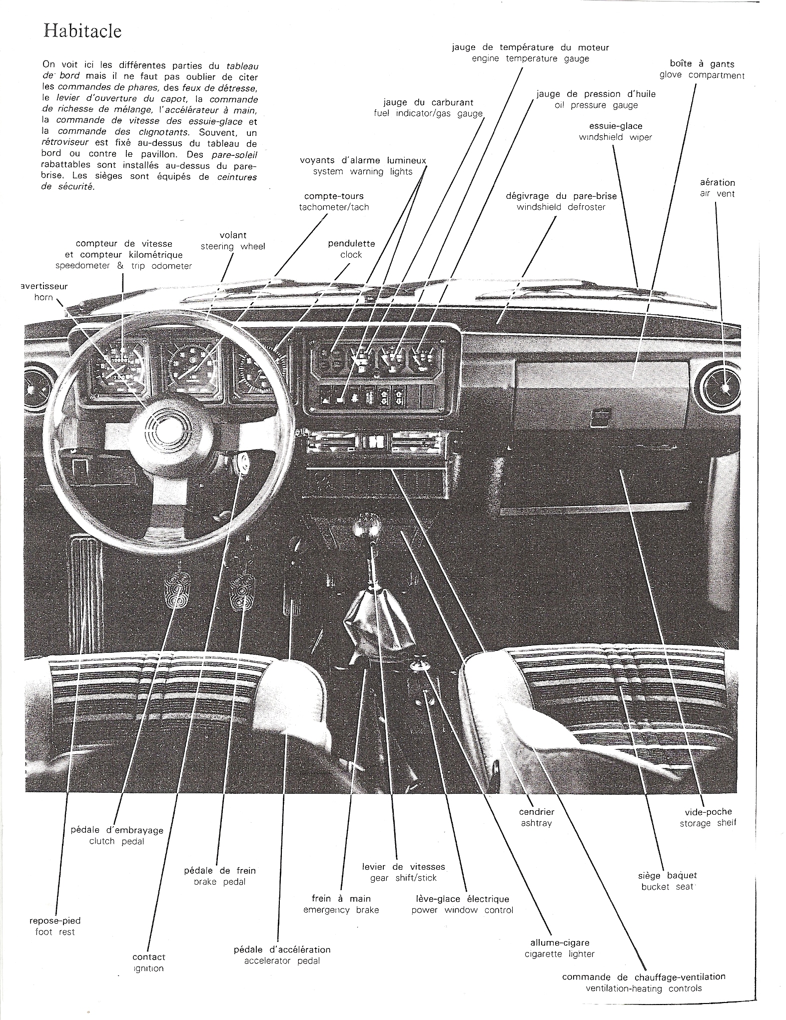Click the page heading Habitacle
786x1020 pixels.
(82, 31)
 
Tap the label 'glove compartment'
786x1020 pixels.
(702, 75)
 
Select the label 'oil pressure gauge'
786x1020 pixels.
(596, 105)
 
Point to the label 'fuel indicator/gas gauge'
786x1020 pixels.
(428, 113)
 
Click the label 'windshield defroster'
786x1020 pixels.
(561, 207)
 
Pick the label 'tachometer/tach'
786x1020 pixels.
(334, 207)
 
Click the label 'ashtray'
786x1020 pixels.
(536, 823)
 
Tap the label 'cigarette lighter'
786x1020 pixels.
(560, 954)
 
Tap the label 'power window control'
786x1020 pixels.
(462, 910)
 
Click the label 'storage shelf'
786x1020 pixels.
(708, 823)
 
